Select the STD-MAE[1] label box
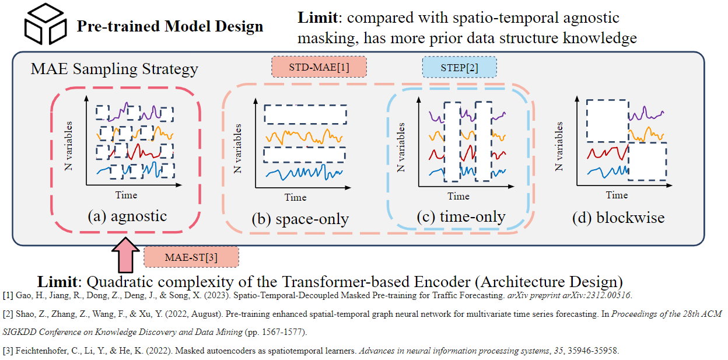319,67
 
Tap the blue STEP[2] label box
459,67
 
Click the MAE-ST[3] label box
191,257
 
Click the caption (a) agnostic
127,216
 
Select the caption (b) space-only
300,219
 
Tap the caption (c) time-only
461,217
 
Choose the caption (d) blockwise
618,218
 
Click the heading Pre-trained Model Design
170,26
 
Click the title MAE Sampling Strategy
114,69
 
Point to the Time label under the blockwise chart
617,195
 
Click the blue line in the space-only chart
303,173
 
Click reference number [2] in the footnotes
8,314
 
